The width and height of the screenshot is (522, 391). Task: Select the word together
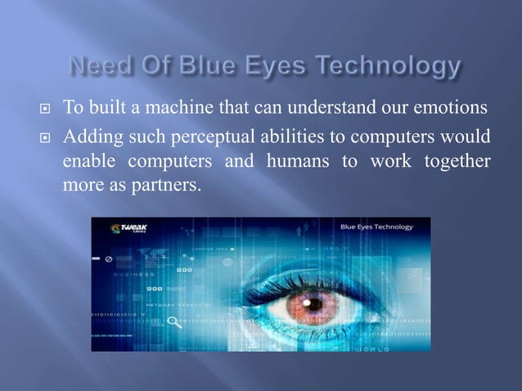457,161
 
